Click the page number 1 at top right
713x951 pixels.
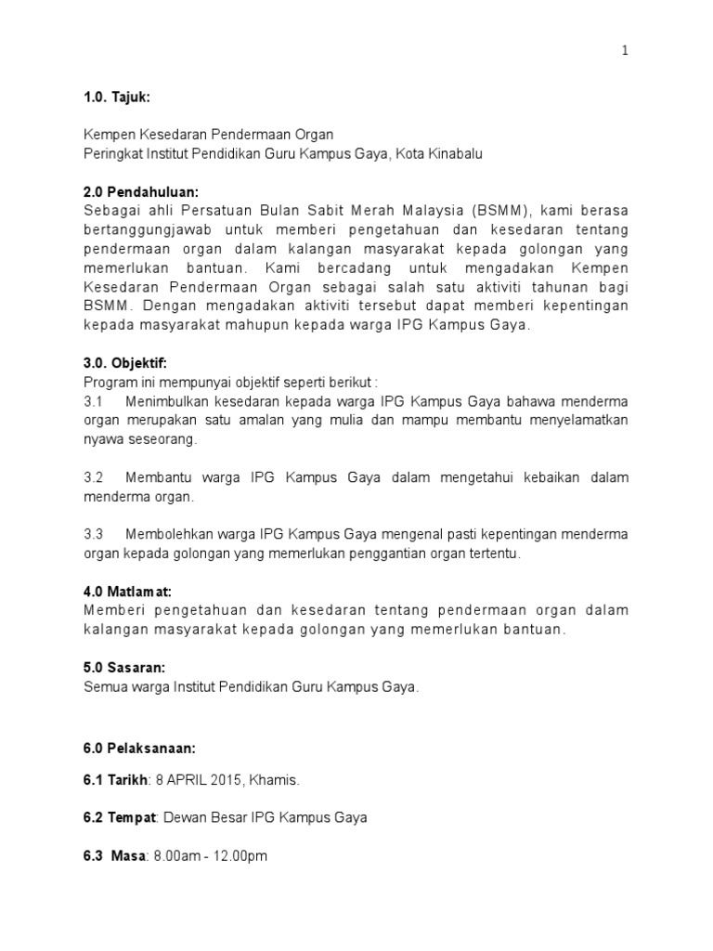[626, 52]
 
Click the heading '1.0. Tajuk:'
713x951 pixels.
[116, 98]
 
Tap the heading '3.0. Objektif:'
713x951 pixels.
[126, 362]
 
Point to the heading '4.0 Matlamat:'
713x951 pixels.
[128, 591]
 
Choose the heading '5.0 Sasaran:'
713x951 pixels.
[123, 668]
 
